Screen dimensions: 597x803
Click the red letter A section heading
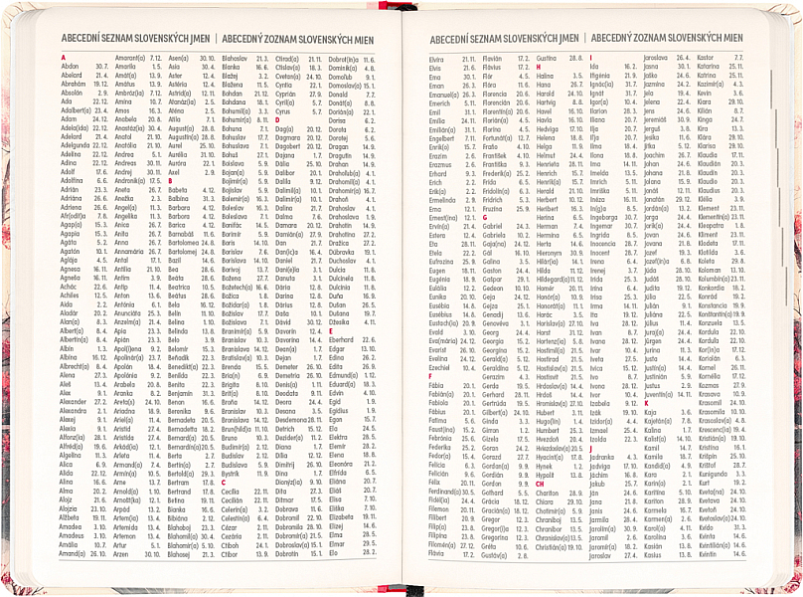tap(63, 58)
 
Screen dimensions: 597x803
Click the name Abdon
tap(70, 66)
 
